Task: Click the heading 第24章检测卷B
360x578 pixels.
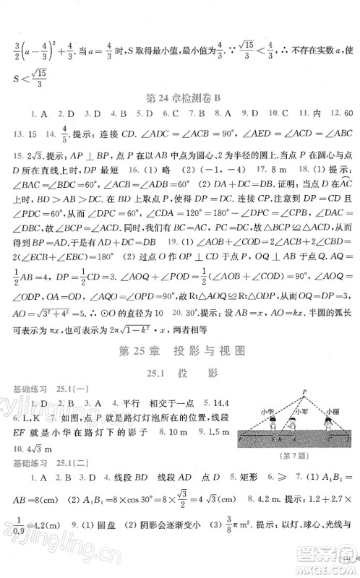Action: coord(181,94)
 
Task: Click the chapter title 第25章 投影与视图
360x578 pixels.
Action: coord(180,352)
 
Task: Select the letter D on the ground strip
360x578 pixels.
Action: coord(349,439)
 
